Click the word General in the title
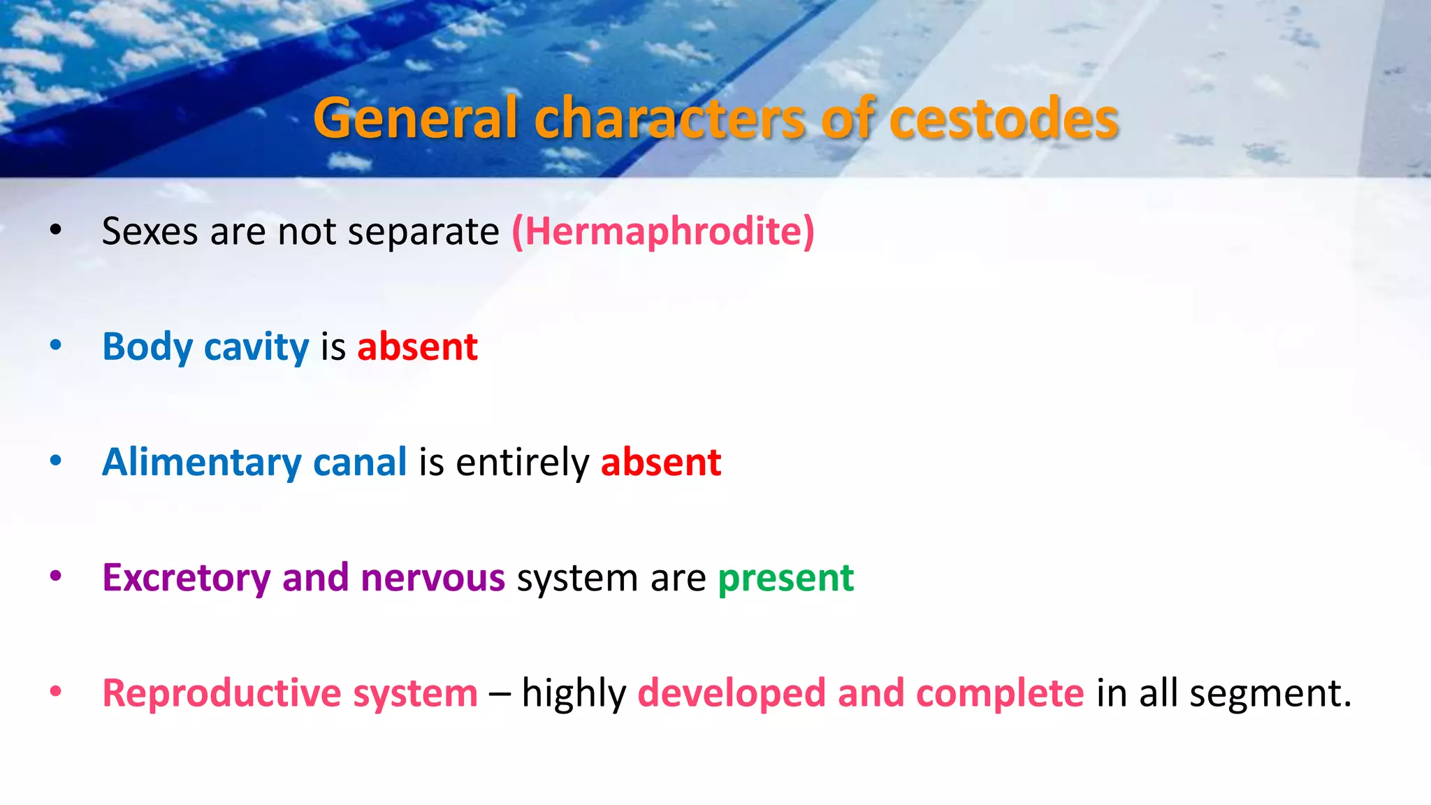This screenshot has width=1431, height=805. click(x=415, y=119)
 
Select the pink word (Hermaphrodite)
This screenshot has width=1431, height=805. click(x=663, y=231)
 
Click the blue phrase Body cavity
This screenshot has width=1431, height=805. click(x=205, y=347)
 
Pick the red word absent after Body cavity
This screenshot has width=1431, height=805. click(x=417, y=347)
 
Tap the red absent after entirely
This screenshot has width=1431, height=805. click(x=660, y=463)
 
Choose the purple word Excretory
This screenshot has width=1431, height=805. click(x=186, y=579)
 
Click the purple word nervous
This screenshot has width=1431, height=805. click(x=433, y=579)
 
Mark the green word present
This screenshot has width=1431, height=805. click(x=785, y=579)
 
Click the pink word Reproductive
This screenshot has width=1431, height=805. click(x=221, y=694)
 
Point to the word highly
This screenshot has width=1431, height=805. click(x=574, y=695)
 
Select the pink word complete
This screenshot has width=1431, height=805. click(x=999, y=694)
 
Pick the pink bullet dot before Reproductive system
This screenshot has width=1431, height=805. click(x=56, y=692)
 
